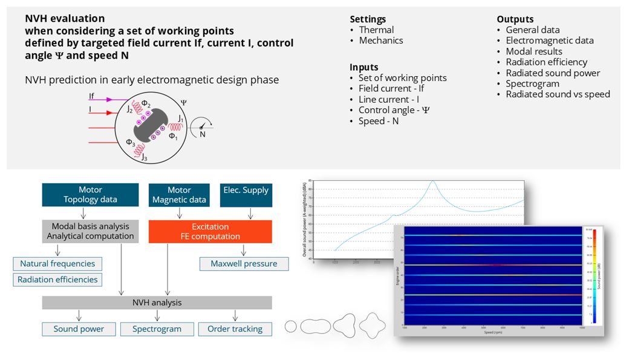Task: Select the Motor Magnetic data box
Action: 179,195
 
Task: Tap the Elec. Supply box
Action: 246,195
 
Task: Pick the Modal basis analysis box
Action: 90,231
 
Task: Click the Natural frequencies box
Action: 57,264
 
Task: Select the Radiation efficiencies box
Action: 57,280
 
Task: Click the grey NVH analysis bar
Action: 157,303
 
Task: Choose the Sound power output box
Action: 79,329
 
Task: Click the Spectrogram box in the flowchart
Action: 157,329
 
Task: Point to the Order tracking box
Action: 235,329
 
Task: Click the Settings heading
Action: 368,19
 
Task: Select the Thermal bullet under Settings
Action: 376,30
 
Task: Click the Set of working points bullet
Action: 402,77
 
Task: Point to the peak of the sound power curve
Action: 433,182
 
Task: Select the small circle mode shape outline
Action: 291,326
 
